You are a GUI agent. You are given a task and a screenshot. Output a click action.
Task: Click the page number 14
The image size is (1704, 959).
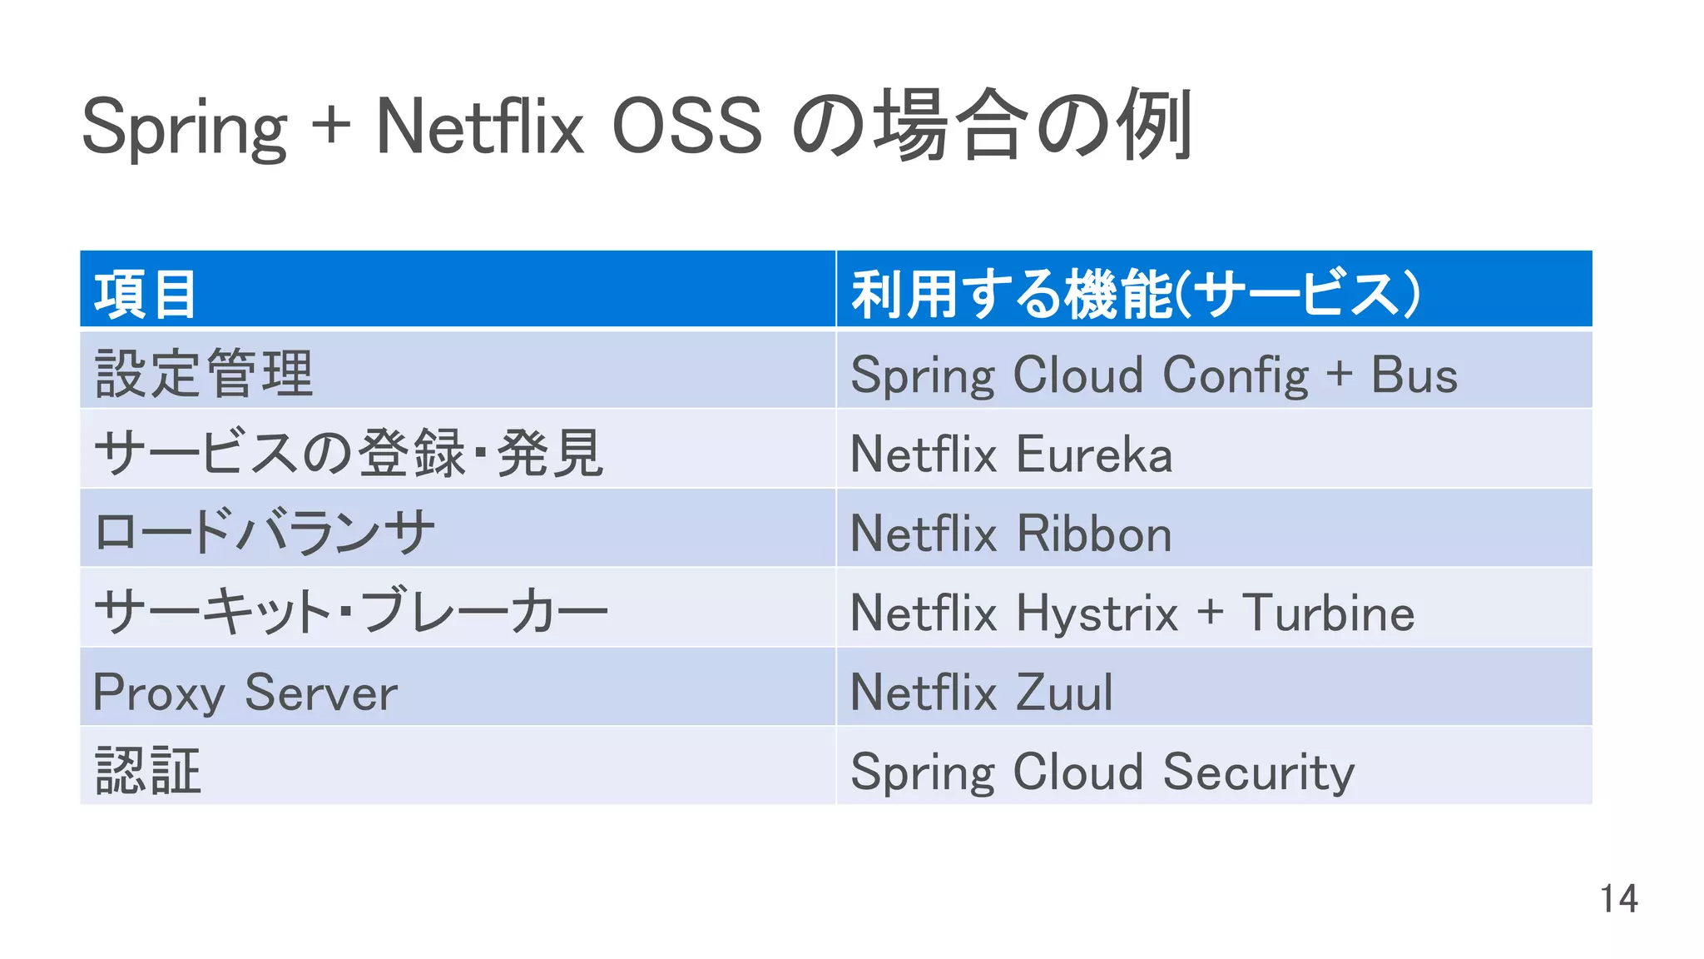[x=1618, y=899]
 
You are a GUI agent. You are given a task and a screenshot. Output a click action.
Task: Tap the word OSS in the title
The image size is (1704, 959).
[x=686, y=127]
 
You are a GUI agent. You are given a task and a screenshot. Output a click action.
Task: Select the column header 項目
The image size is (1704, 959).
[x=146, y=295]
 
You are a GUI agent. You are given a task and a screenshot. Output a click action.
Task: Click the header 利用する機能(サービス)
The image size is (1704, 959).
[x=1135, y=295]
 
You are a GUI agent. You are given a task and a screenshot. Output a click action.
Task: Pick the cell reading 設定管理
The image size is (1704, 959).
[x=205, y=374]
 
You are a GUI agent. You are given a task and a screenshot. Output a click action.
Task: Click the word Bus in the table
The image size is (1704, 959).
[x=1414, y=375]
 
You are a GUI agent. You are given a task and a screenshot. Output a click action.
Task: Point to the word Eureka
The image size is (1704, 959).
[x=1094, y=455]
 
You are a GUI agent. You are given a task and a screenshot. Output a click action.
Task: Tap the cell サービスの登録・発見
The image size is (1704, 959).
[x=349, y=454]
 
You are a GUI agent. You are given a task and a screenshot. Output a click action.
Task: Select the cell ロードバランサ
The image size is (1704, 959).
[x=265, y=533]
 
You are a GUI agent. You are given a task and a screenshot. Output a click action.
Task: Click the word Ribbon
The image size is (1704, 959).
[x=1094, y=534]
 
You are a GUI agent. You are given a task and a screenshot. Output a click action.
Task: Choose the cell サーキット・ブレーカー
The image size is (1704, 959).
[x=351, y=612]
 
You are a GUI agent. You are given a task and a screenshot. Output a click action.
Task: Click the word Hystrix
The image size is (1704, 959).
[x=1097, y=614]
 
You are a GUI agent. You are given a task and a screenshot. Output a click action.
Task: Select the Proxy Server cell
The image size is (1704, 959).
[x=245, y=693]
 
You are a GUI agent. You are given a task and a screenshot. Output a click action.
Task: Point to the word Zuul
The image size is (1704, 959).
[x=1064, y=693]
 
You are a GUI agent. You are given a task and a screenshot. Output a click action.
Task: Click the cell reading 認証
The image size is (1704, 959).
[x=148, y=771]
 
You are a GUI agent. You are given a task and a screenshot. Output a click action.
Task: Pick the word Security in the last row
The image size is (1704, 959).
[x=1258, y=773]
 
